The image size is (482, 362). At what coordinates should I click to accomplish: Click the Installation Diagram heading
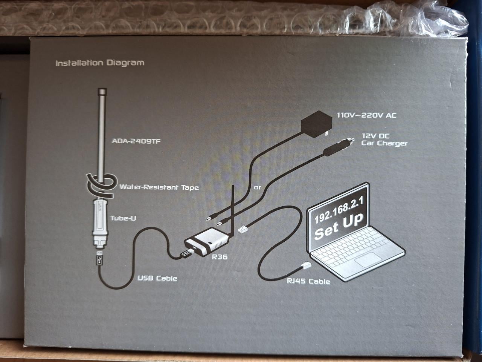[100, 63]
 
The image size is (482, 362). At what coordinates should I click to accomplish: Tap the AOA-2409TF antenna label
[134, 142]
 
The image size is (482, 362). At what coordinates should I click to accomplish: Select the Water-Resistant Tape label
[159, 187]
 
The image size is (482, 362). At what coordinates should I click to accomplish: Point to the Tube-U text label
[123, 218]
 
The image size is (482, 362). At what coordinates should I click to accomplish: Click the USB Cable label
[157, 278]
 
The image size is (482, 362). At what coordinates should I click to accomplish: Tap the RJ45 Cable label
[308, 281]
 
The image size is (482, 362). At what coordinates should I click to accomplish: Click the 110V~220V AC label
[366, 115]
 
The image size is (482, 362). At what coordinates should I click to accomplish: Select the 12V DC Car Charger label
[384, 140]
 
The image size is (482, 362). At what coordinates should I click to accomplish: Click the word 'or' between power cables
[258, 187]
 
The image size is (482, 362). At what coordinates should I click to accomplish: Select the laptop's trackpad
[365, 261]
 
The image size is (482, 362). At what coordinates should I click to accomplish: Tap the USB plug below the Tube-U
[99, 260]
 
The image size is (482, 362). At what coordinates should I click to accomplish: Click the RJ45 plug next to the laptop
[305, 265]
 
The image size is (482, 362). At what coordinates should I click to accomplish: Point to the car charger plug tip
[350, 140]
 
